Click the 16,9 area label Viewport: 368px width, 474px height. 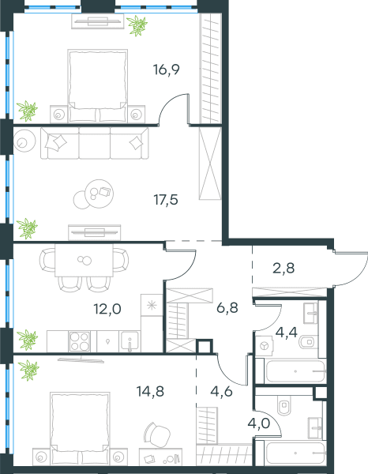coord(167,70)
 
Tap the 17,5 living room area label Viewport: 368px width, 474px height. coord(166,200)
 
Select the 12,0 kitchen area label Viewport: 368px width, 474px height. coord(107,309)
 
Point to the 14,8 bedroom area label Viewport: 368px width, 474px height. coord(150,392)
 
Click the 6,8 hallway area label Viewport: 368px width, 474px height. coord(227,308)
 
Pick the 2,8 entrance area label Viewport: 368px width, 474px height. coord(284,268)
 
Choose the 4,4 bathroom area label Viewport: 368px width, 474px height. coord(287,333)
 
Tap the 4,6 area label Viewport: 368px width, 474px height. coord(221,392)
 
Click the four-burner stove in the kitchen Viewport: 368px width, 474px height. coord(80,341)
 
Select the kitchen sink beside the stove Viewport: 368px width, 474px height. coord(130,341)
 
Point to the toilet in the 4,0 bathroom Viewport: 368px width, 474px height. coord(284,406)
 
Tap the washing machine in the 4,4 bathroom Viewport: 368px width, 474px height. coord(265,346)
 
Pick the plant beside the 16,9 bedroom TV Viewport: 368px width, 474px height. coord(137,26)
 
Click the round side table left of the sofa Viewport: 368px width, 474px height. coord(24,141)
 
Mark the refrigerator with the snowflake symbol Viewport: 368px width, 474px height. coord(152,305)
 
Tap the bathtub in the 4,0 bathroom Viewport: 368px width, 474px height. coord(295,453)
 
